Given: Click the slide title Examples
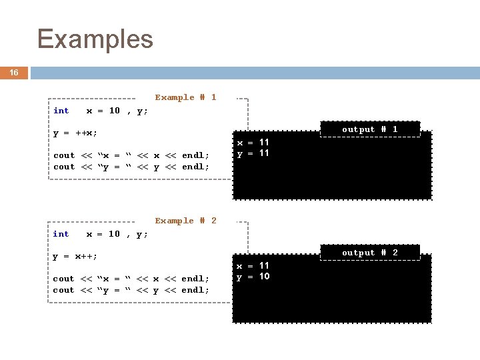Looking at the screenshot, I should tap(95, 39).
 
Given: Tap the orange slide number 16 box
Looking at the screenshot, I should tap(14, 73).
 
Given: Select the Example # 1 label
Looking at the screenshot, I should tap(185, 97).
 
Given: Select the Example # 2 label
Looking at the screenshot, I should tap(185, 221).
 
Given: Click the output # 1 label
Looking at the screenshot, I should tap(370, 129).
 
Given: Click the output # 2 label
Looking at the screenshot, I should tap(370, 253).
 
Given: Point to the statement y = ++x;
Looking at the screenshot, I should tap(75, 133).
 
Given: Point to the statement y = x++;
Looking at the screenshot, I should tap(75, 257).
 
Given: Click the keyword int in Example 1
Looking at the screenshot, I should tap(61, 111).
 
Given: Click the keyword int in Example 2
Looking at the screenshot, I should tap(61, 234).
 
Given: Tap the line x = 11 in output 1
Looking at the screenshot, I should tap(253, 143).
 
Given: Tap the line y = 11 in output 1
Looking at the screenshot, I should tap(253, 153).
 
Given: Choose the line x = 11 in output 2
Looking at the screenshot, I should tap(253, 265).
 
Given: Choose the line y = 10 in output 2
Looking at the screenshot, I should tap(253, 277).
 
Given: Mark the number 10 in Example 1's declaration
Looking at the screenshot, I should tap(115, 111).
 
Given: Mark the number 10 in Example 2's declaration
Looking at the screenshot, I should tap(115, 234).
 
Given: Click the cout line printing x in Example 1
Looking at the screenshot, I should tap(131, 156).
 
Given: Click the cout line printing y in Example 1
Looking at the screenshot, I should tap(131, 167).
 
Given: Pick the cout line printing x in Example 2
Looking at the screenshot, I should tap(131, 279).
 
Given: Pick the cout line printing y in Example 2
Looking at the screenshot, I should tap(131, 290).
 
